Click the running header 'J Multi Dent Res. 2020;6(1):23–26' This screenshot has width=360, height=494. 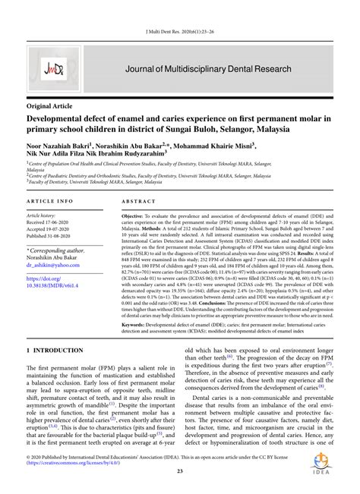click(x=180, y=9)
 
